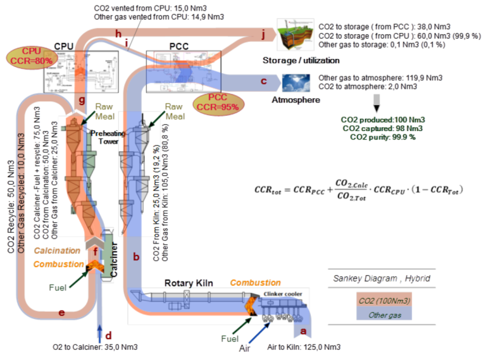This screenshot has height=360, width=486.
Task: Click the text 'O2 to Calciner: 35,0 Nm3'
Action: pos(95,347)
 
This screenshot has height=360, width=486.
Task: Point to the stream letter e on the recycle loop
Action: pos(61,312)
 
